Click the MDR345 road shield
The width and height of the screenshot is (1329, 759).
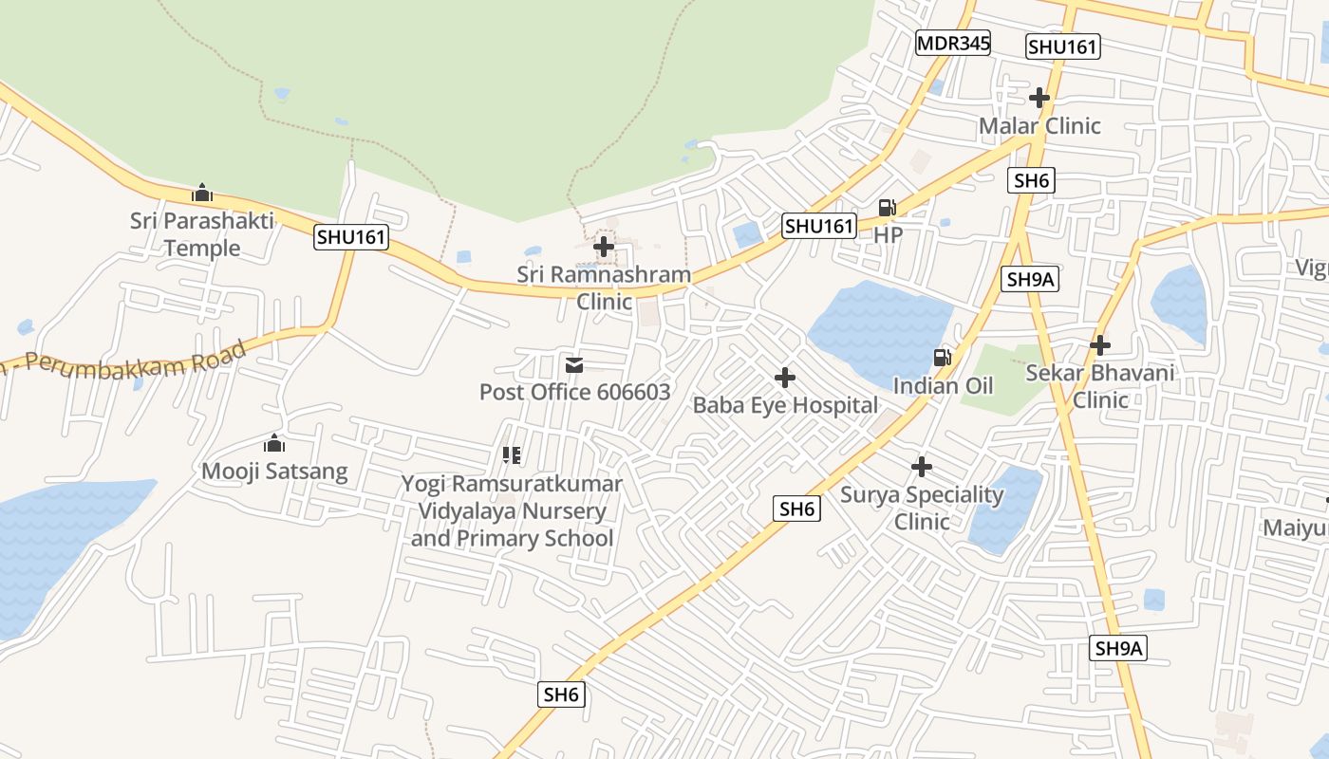tap(953, 43)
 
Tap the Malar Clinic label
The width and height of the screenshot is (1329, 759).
tap(1039, 125)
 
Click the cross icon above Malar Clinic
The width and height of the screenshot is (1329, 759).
tap(1039, 98)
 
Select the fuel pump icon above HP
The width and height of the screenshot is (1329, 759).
tap(887, 207)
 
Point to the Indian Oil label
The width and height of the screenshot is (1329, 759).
tap(943, 385)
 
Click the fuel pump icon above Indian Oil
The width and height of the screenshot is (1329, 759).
tap(942, 358)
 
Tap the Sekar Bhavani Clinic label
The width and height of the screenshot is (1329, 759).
tap(1100, 385)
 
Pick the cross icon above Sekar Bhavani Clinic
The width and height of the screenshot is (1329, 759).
tap(1100, 345)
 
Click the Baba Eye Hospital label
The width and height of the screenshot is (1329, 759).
tap(785, 405)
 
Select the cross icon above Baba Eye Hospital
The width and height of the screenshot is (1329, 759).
tap(785, 378)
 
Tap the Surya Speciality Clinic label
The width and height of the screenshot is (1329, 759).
tap(922, 508)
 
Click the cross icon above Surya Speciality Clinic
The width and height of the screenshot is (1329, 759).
tap(922, 467)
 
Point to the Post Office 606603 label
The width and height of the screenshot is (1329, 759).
tap(574, 392)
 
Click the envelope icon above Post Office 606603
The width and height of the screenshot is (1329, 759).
tap(574, 365)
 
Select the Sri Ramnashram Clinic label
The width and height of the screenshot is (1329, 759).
tap(604, 287)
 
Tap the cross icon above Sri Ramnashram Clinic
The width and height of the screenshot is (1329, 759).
tap(603, 248)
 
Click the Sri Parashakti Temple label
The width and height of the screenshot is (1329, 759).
tap(202, 234)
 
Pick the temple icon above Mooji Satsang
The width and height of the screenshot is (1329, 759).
tap(274, 443)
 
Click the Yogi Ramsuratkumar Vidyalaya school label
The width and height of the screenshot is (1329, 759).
tap(512, 510)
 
